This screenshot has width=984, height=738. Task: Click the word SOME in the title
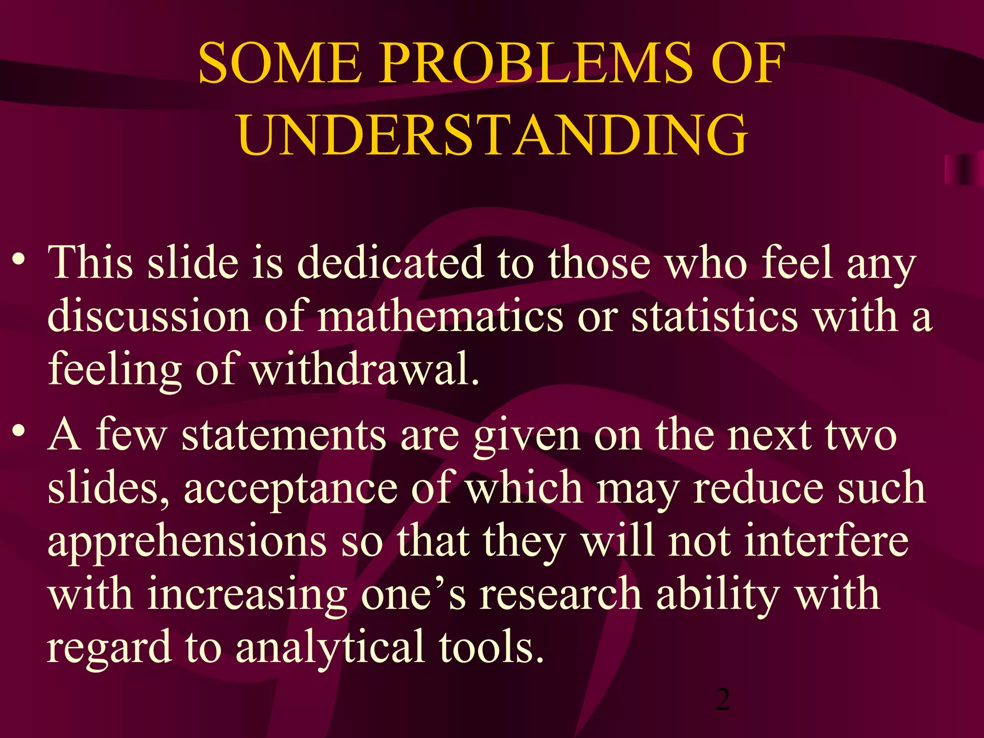(x=280, y=63)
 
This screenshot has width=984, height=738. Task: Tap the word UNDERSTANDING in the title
(x=493, y=135)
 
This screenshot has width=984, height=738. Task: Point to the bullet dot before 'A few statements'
(x=19, y=430)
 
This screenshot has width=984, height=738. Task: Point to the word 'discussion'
(x=149, y=317)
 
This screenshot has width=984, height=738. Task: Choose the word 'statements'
(x=283, y=435)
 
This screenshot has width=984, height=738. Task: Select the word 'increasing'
(x=247, y=595)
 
